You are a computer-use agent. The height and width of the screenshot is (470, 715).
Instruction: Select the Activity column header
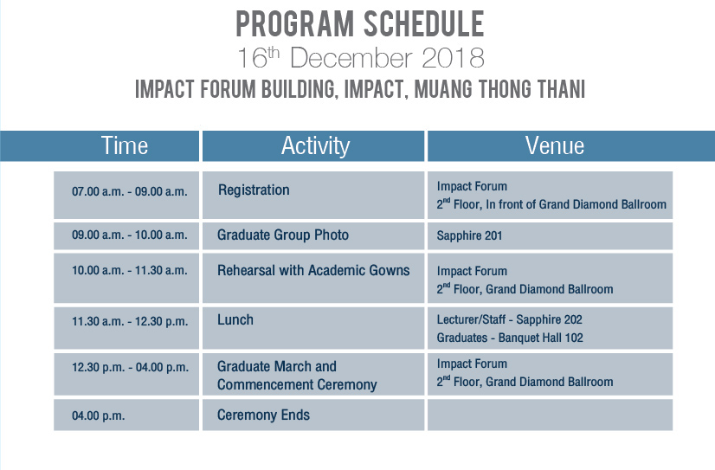(x=313, y=146)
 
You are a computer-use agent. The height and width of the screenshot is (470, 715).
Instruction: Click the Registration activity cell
(x=313, y=195)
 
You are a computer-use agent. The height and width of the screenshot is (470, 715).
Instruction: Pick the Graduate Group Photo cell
(x=313, y=235)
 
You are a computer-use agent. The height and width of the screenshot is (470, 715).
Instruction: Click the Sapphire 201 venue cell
(x=550, y=235)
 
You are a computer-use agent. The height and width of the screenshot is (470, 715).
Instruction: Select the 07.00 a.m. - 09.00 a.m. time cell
(x=126, y=195)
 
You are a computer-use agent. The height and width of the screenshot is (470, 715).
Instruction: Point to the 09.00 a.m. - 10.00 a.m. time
(x=130, y=235)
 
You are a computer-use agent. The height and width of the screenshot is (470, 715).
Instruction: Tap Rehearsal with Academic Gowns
(x=313, y=270)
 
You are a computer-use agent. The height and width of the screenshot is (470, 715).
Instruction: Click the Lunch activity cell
(x=313, y=328)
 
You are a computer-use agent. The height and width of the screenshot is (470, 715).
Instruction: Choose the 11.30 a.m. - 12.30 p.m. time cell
(x=126, y=328)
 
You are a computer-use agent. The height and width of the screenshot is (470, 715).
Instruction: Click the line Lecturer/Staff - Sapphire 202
(x=509, y=319)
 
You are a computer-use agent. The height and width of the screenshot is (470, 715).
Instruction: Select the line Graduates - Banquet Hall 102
(x=510, y=338)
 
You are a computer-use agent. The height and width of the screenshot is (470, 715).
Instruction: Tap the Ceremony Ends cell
(x=313, y=415)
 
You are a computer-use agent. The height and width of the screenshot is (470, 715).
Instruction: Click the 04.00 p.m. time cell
(x=126, y=415)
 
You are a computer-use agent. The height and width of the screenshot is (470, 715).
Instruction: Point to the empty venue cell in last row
(x=550, y=415)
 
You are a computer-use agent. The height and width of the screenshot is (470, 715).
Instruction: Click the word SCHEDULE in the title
(x=423, y=24)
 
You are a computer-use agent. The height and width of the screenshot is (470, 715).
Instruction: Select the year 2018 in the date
(x=453, y=58)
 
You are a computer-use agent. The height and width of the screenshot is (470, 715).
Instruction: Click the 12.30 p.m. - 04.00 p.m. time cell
(x=126, y=374)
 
